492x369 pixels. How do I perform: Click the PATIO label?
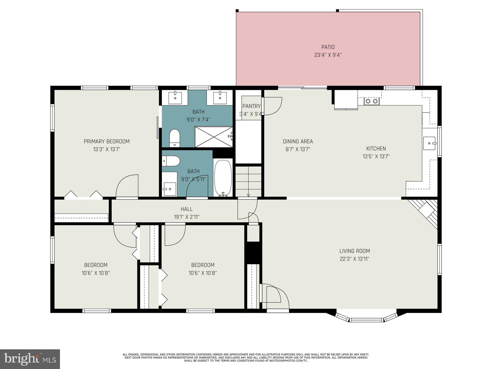(328, 47)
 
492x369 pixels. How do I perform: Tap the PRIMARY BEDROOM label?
(106, 141)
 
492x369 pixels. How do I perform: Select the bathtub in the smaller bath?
(223, 178)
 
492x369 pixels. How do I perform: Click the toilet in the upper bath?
(175, 137)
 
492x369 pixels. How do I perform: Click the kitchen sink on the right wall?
(429, 143)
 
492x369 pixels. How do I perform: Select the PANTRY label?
(251, 106)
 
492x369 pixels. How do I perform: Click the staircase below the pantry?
(248, 181)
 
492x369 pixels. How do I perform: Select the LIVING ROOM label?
(354, 251)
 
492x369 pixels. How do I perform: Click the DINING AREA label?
(298, 141)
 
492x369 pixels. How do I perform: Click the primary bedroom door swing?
(127, 186)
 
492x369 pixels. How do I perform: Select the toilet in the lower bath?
(171, 161)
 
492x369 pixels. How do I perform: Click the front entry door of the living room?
(274, 297)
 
